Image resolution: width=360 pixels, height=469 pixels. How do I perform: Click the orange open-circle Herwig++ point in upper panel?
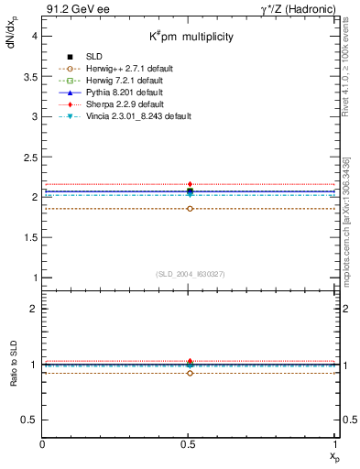click(x=190, y=209)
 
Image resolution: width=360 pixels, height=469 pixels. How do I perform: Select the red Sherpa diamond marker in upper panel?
click(x=190, y=185)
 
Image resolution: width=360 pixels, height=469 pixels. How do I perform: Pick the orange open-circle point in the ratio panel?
click(x=190, y=373)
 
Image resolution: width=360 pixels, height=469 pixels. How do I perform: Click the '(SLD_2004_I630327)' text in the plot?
click(x=190, y=273)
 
